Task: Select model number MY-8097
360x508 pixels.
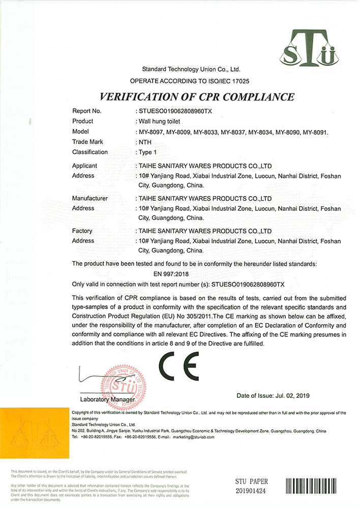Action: (x=152, y=133)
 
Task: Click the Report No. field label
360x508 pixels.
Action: (x=87, y=111)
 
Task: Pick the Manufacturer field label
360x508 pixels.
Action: (x=90, y=198)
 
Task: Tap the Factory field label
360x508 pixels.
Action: (x=82, y=231)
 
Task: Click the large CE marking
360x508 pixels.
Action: (x=178, y=366)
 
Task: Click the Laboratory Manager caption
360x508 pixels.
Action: (x=108, y=400)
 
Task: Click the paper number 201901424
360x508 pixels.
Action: (x=252, y=491)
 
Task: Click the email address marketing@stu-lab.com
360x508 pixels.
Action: (x=194, y=437)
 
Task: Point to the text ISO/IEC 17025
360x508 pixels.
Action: (x=227, y=81)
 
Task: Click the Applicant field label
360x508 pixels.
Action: (x=85, y=166)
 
